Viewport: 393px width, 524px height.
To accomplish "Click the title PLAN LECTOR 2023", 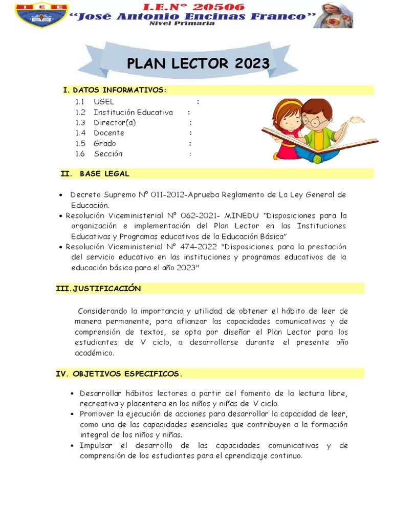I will tap(198, 63).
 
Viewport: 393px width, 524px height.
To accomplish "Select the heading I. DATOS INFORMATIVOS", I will tap(115, 90).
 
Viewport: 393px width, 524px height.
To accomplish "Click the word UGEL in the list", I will tap(104, 102).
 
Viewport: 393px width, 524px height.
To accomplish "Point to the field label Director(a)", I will tap(115, 123).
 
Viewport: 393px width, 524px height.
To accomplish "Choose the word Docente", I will tap(109, 133).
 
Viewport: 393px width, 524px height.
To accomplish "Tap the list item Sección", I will tap(108, 154).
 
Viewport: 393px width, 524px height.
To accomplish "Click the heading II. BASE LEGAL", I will tap(95, 173).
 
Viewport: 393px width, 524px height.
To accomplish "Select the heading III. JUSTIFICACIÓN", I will tap(98, 289).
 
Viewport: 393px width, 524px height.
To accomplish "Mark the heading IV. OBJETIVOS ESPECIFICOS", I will tap(119, 374).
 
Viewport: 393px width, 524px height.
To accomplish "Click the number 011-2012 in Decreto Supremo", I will tap(169, 195).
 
